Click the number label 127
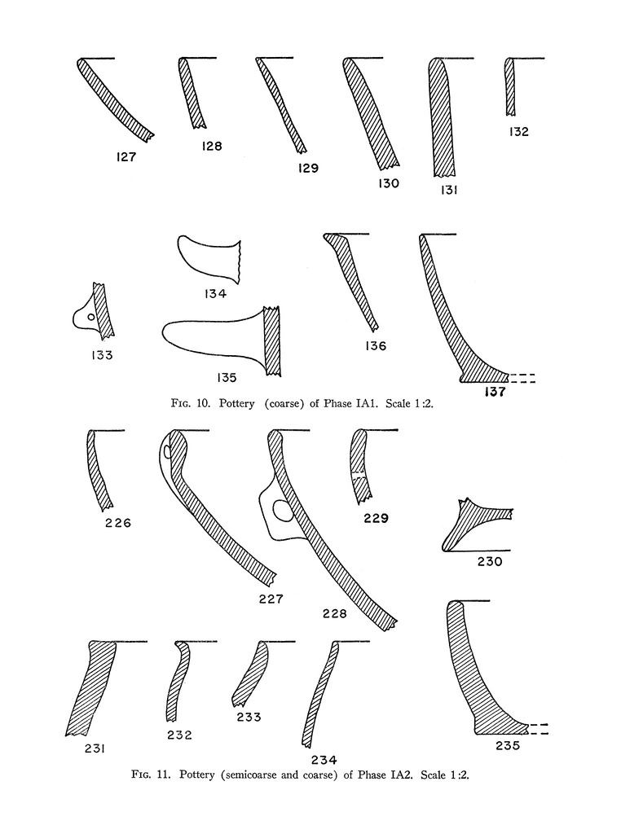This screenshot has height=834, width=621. tap(126, 157)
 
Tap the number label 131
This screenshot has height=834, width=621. tap(449, 190)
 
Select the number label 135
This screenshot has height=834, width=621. tap(227, 378)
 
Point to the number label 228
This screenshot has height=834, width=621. tap(334, 614)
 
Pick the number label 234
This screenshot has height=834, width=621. tap(324, 760)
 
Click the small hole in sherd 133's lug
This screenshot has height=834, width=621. tap(91, 317)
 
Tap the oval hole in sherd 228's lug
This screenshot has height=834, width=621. tap(282, 511)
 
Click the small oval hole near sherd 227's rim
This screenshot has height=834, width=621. tap(167, 451)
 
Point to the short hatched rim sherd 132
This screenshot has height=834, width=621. tap(510, 86)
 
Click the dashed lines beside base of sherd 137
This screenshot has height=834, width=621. tap(522, 378)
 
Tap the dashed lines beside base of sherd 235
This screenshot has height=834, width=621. tap(537, 729)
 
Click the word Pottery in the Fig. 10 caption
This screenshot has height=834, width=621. tap(237, 403)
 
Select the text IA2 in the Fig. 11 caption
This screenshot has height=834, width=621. tap(402, 775)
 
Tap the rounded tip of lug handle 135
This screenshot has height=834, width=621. tap(165, 332)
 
